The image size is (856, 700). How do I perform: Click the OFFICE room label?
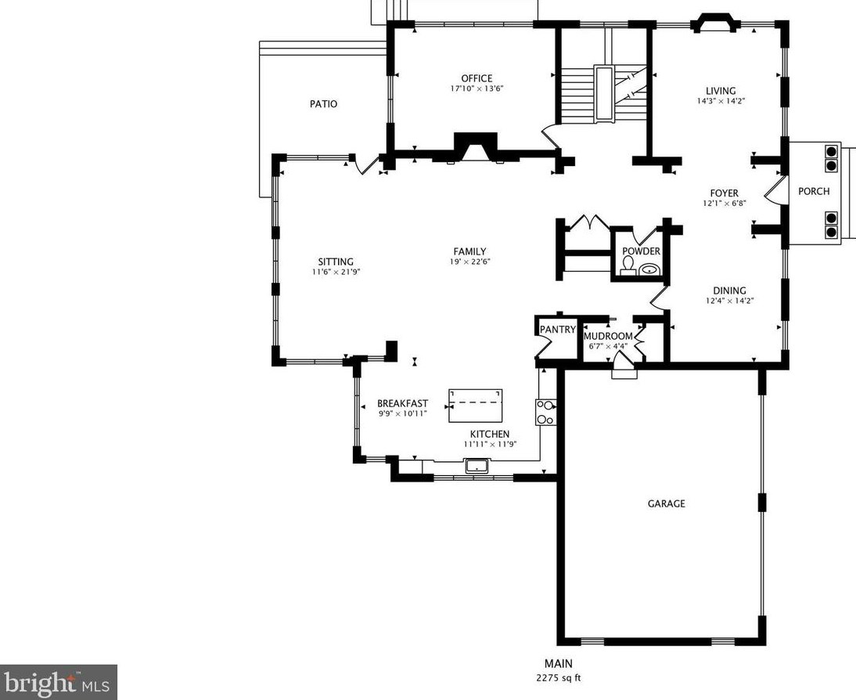pyautogui.click(x=477, y=78)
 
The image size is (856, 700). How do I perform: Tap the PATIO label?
pyautogui.click(x=324, y=104)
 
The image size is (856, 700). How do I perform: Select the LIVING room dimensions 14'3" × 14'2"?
pyautogui.click(x=721, y=101)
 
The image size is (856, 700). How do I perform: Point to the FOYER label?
pyautogui.click(x=725, y=193)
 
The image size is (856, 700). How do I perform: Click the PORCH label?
pyautogui.click(x=814, y=191)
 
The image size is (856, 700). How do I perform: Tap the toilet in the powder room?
pyautogui.click(x=628, y=267)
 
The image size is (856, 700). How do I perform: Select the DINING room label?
pyautogui.click(x=729, y=290)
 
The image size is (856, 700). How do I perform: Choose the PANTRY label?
pyautogui.click(x=557, y=330)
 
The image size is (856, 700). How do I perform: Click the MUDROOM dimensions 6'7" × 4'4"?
pyautogui.click(x=608, y=346)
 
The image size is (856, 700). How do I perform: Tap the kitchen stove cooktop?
pyautogui.click(x=546, y=412)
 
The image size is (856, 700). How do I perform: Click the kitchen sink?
pyautogui.click(x=478, y=467)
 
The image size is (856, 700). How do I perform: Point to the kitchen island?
pyautogui.click(x=476, y=406)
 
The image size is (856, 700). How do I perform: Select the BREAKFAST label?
pyautogui.click(x=402, y=404)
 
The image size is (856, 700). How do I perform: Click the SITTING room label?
pyautogui.click(x=336, y=262)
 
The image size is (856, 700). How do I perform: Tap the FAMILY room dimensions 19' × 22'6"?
pyautogui.click(x=469, y=262)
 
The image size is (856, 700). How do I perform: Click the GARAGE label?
pyautogui.click(x=666, y=503)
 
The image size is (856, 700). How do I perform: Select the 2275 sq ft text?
pyautogui.click(x=559, y=678)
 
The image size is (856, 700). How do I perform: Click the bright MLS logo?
pyautogui.click(x=59, y=683)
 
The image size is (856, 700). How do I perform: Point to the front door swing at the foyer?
pyautogui.click(x=775, y=191)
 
